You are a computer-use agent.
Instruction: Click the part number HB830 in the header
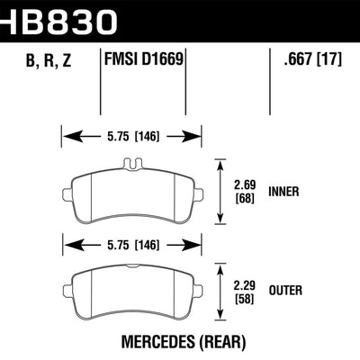pyautogui.click(x=58, y=18)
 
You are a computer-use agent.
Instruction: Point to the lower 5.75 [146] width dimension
pyautogui.click(x=131, y=242)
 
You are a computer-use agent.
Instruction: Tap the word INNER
pyautogui.click(x=285, y=191)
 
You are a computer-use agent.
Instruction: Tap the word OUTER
pyautogui.click(x=286, y=290)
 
